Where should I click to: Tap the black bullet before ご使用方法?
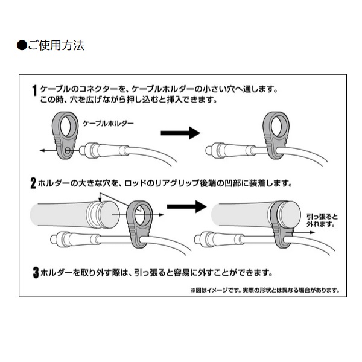22,45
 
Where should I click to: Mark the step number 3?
36,271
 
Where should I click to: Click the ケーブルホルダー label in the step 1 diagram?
109,122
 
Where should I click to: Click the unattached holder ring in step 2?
139,217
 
